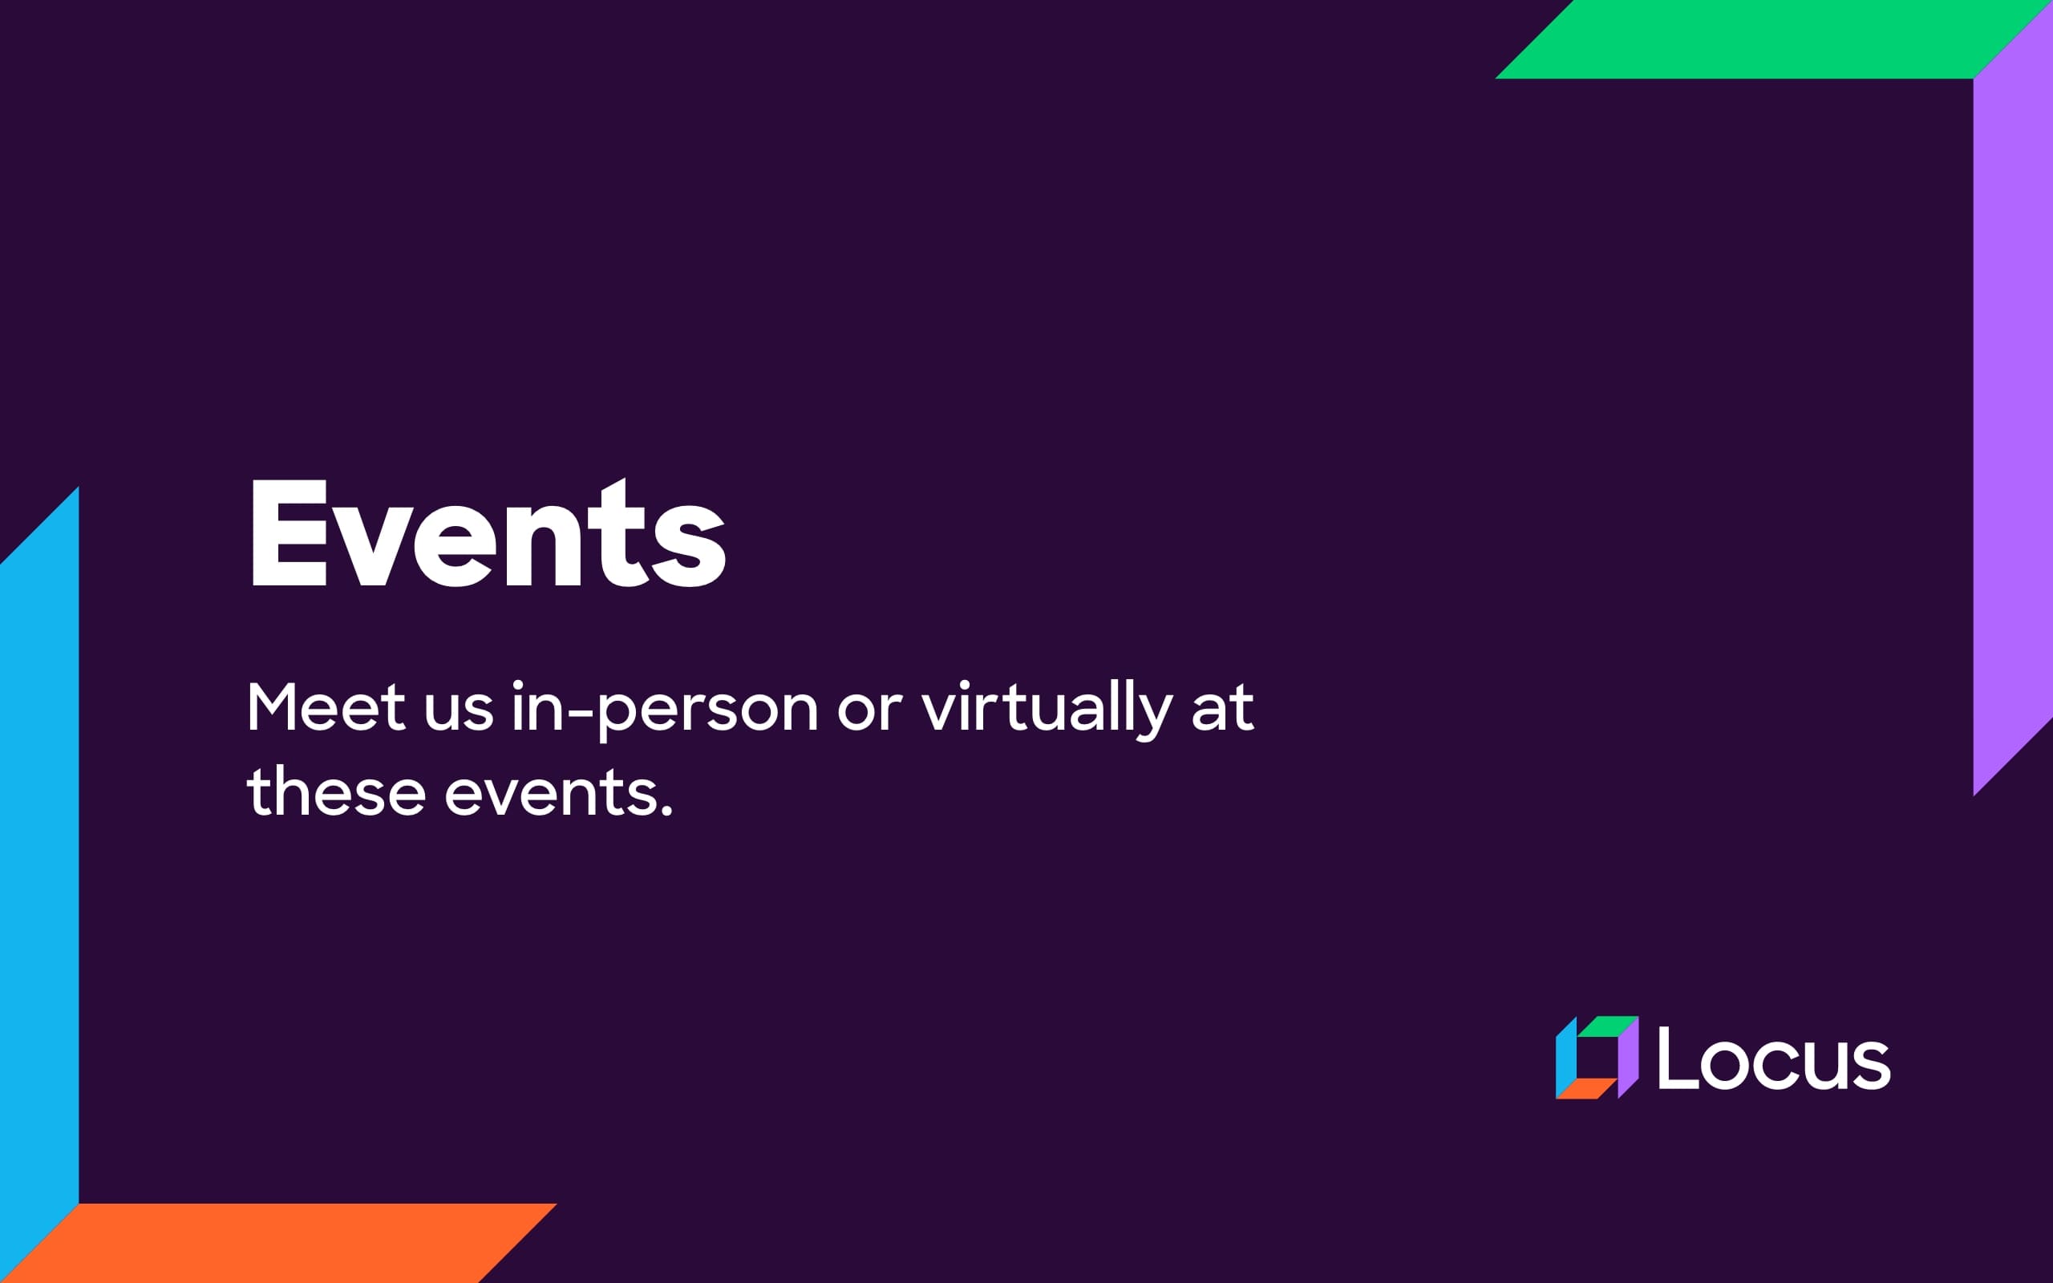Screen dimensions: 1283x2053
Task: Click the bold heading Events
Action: pos(487,535)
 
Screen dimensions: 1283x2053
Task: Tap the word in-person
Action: pos(664,709)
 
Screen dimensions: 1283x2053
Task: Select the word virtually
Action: pos(1047,709)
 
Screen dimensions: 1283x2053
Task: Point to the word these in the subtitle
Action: pos(336,792)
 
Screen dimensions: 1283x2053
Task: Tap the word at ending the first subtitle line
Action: pos(1222,709)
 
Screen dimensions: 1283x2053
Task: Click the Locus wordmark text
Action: pos(1774,1059)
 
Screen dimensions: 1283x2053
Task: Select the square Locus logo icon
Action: pos(1597,1058)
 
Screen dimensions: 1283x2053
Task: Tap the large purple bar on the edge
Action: pos(2012,407)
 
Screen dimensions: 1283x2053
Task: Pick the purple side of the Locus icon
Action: pos(1628,1059)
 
